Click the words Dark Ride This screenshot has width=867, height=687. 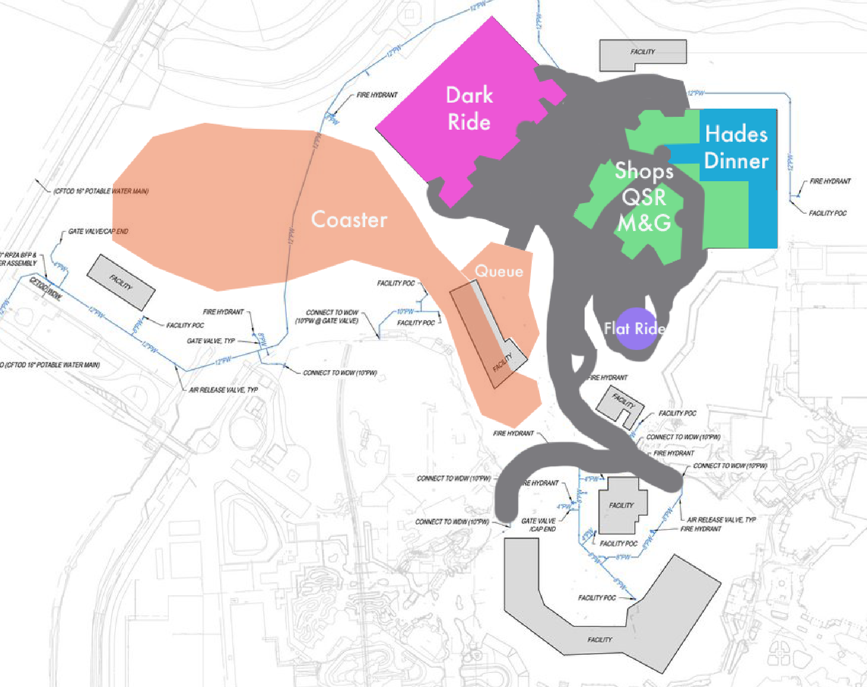(x=469, y=108)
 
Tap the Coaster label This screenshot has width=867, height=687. (x=349, y=219)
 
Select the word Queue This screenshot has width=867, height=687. (x=499, y=271)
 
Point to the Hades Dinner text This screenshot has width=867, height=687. (x=736, y=147)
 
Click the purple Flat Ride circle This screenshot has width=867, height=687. (x=636, y=328)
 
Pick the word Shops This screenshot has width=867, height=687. (x=644, y=171)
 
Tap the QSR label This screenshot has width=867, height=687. (x=644, y=198)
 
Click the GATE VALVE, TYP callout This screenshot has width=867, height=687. (x=211, y=341)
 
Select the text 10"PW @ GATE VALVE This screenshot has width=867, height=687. (x=326, y=321)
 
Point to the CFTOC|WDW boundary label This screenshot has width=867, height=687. (x=45, y=288)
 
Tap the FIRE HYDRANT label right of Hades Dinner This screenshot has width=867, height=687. (x=830, y=181)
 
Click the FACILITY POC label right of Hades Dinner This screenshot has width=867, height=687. (x=828, y=213)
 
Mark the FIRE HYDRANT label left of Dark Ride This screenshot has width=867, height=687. (x=377, y=95)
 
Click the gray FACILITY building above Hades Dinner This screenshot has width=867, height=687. (x=643, y=52)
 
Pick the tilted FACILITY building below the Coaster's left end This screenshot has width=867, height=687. (x=121, y=282)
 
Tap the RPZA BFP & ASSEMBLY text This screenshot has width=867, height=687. (x=19, y=259)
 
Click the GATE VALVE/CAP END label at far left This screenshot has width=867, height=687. (x=98, y=231)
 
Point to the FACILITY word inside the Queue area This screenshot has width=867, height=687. (x=503, y=362)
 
